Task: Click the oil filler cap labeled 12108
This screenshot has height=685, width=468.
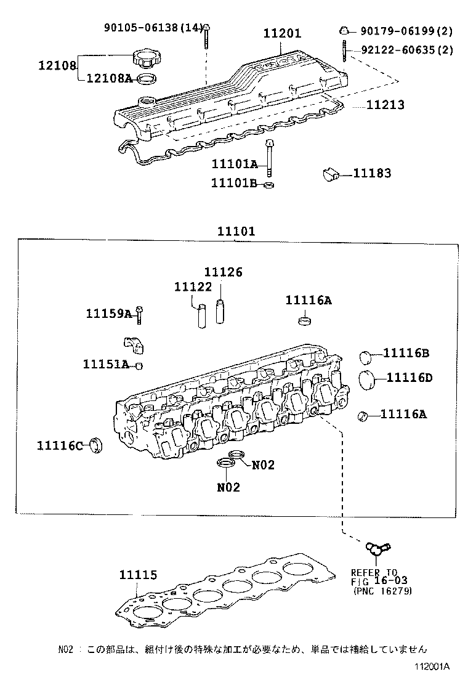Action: pos(145,60)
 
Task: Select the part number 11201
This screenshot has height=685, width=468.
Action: pos(282,34)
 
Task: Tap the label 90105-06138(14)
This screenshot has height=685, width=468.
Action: pos(153,27)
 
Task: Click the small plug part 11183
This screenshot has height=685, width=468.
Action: pos(333,174)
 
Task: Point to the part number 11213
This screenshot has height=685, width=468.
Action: pos(385,105)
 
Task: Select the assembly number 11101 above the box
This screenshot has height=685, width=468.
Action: pos(236,232)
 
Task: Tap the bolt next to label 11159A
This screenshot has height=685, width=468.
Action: pos(139,315)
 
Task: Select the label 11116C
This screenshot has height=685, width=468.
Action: pos(59,445)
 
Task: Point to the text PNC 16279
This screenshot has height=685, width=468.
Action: pos(383,591)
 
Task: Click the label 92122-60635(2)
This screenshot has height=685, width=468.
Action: pos(406,51)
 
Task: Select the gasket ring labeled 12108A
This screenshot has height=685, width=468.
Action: pos(145,78)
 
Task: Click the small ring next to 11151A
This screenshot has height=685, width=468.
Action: pos(139,366)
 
